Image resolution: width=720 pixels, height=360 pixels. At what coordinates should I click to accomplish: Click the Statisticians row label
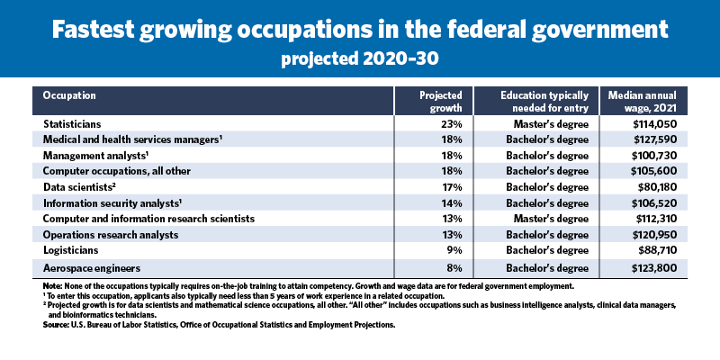[73, 123]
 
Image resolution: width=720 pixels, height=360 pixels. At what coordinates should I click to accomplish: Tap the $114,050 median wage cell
[654, 123]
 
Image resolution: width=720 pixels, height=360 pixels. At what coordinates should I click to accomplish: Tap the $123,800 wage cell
[654, 268]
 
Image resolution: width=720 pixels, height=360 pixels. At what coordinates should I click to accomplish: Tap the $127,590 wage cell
[654, 139]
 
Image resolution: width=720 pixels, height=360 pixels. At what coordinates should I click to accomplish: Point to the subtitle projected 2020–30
[360, 61]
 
